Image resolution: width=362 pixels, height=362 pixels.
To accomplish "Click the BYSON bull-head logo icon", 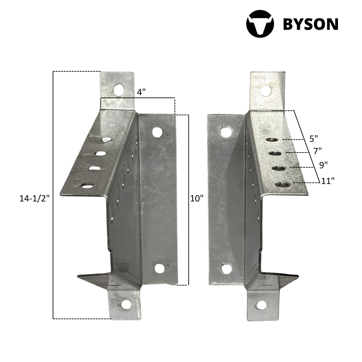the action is point(260,23).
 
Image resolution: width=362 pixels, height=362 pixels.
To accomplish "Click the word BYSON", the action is point(310,24).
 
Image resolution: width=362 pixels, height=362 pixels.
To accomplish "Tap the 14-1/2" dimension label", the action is point(35,198).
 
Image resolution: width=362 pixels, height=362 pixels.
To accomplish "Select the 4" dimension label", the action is point(141,92).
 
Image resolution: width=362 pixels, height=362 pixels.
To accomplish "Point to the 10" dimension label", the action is point(197,198).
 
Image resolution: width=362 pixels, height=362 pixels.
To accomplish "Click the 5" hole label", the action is point(313,138).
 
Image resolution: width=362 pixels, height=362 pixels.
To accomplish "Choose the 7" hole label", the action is point(317,151).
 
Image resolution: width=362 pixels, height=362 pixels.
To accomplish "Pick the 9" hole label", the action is point(323,165).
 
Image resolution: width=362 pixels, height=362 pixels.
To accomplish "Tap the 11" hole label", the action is point(328,181).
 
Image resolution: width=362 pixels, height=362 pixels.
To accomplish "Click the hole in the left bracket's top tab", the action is point(119,90).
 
